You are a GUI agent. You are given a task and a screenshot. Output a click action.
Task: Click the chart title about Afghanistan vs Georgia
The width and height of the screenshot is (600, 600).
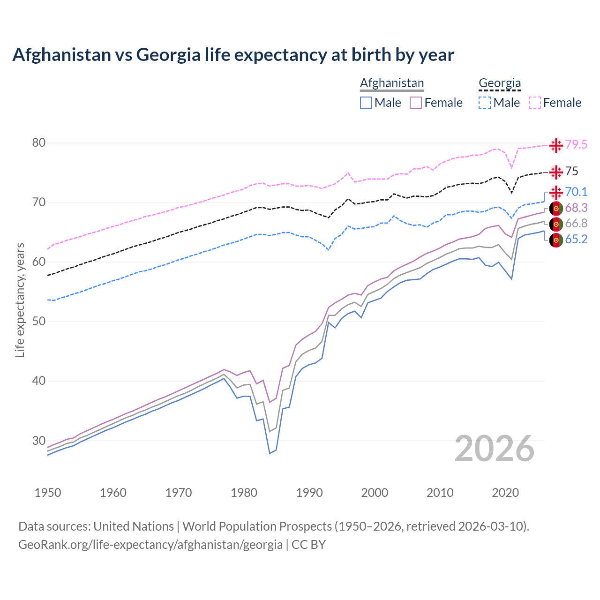[x=233, y=55]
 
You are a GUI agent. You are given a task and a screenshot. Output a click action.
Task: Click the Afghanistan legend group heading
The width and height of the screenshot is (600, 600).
[x=392, y=83]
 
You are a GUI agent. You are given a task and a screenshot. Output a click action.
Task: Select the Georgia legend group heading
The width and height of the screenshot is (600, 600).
[x=500, y=83]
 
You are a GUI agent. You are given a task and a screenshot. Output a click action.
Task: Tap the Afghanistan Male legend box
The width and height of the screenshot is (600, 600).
[x=366, y=103]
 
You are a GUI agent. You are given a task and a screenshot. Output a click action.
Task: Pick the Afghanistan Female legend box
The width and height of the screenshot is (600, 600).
[x=416, y=103]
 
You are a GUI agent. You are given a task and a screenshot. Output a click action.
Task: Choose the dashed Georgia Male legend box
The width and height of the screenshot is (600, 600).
[x=485, y=103]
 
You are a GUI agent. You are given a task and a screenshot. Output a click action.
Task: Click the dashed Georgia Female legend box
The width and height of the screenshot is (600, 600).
[x=535, y=103]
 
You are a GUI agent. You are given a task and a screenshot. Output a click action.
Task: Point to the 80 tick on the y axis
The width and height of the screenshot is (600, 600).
[x=38, y=143]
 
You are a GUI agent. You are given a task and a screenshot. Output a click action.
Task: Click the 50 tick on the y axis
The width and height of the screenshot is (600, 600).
[x=38, y=322]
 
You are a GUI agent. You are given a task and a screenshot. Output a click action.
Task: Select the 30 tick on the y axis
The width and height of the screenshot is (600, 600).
[x=38, y=441]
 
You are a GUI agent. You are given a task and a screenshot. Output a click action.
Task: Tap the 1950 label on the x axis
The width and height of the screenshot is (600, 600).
[x=48, y=493]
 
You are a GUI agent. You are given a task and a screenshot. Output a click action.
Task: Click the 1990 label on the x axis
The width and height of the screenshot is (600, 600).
[x=309, y=493]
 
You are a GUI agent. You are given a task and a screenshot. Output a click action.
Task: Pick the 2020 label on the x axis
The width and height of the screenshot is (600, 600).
[x=505, y=493]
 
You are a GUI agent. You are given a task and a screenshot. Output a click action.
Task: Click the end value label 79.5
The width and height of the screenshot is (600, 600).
[x=576, y=145]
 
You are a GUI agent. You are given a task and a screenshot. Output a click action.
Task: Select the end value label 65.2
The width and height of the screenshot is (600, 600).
[x=576, y=240]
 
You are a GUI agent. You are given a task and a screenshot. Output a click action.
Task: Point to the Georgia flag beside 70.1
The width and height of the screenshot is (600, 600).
[x=556, y=192]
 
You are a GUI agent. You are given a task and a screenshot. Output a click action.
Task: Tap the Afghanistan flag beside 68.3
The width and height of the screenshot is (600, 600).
[x=556, y=208]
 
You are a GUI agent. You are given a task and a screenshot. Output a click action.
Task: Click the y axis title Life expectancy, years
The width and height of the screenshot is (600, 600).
[x=20, y=300]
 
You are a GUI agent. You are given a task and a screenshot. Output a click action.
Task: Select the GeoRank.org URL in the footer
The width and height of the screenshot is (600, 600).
[x=150, y=545]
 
